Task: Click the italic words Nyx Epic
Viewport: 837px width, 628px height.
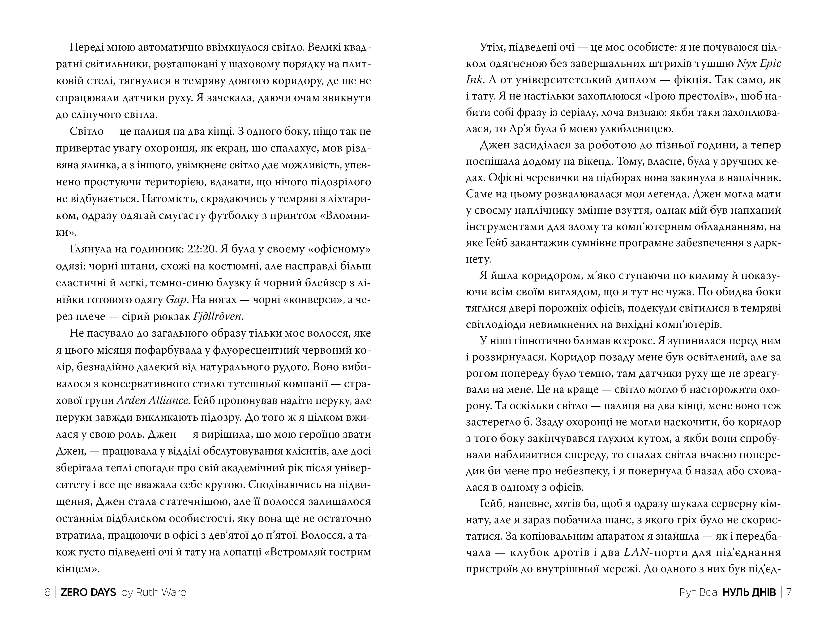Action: (x=759, y=64)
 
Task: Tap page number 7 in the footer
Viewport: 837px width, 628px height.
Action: (x=789, y=592)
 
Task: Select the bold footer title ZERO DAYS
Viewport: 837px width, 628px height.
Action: (x=88, y=592)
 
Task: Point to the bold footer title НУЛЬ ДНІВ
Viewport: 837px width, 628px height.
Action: (x=749, y=592)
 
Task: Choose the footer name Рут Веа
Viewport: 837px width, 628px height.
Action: (x=699, y=592)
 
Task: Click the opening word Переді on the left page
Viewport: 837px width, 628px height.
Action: (x=87, y=48)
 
